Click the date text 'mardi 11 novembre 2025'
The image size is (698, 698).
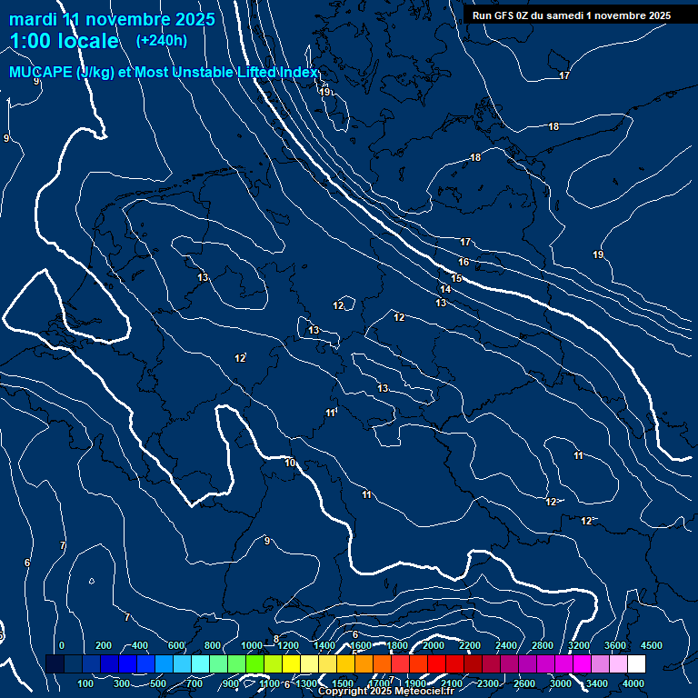tap(112, 19)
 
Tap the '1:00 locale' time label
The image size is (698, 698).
tap(64, 41)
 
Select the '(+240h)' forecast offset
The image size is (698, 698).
tap(162, 41)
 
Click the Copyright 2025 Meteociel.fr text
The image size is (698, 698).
tap(385, 692)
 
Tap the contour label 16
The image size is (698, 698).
tap(464, 262)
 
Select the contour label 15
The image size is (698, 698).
tap(456, 278)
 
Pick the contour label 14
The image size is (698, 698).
tap(445, 290)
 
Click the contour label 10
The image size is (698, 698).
tap(290, 464)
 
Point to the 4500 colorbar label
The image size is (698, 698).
tap(652, 645)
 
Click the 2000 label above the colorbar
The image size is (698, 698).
tap(433, 645)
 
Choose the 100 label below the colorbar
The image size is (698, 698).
tap(86, 683)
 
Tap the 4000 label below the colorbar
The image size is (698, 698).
tap(633, 683)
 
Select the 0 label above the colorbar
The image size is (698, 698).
tap(62, 645)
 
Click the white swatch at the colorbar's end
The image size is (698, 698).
tap(636, 664)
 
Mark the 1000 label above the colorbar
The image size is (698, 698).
tap(252, 645)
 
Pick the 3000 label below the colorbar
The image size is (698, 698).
tap(561, 683)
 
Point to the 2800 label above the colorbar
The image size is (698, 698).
tap(543, 645)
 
